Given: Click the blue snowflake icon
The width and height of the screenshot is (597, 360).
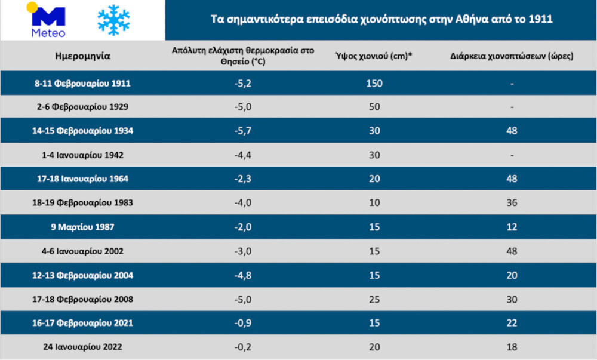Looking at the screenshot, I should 113,20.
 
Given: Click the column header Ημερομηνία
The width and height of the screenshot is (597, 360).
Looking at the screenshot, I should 82,57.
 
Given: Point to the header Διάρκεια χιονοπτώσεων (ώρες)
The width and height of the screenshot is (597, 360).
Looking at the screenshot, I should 512,57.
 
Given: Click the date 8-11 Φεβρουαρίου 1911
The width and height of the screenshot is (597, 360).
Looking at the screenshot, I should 82,84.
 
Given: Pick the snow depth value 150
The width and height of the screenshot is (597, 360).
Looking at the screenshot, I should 374,84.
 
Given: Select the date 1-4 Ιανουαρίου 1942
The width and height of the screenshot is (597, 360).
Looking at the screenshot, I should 82,155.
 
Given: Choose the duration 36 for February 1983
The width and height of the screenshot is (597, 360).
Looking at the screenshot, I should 511,202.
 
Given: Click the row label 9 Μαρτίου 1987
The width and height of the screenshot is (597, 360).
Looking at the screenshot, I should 82,227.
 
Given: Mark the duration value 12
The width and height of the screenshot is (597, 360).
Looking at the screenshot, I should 511,227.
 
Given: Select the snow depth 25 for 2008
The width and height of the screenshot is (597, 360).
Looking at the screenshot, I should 374,299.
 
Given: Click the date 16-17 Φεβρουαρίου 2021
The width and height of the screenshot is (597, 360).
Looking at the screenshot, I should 82,323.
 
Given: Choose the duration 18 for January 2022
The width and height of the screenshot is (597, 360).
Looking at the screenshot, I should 511,347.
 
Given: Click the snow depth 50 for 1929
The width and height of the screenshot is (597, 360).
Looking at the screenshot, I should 374,107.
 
